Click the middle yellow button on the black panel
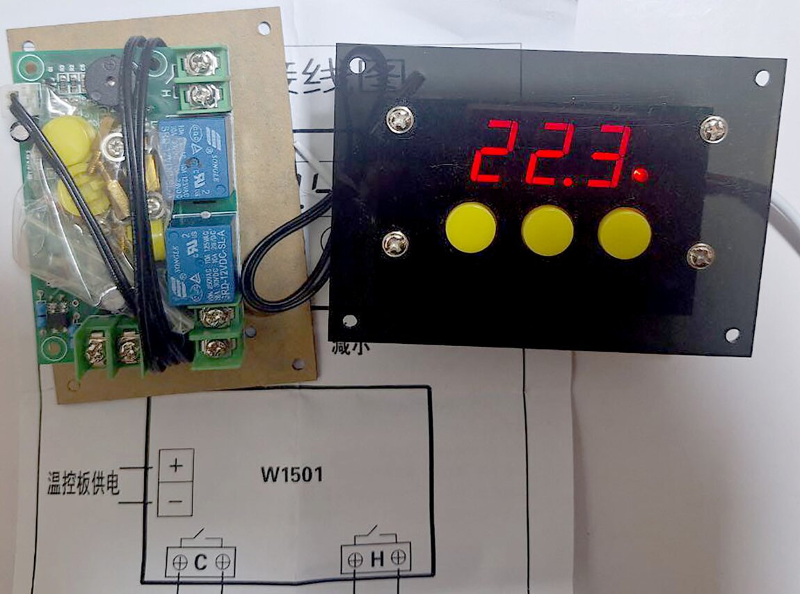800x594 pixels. point(547,230)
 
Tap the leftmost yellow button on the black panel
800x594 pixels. point(471,227)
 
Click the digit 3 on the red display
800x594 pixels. point(607,155)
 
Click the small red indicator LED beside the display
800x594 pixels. point(641,174)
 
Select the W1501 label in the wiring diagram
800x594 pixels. point(291,476)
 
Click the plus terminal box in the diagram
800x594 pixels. point(175,465)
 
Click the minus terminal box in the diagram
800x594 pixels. point(175,501)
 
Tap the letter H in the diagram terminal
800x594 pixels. point(377,558)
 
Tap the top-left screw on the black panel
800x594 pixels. point(401,120)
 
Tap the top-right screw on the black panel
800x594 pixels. point(714,130)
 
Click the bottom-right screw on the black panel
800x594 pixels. point(701,256)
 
